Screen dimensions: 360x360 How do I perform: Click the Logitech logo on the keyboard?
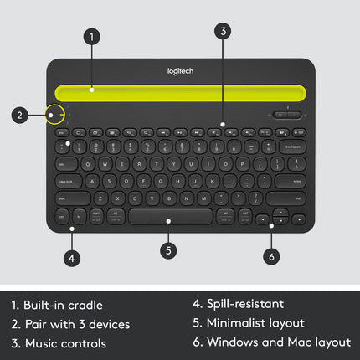pos(180,71)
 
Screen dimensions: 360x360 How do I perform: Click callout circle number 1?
pos(92,36)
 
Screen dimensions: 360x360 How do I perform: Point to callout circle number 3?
pos(222,31)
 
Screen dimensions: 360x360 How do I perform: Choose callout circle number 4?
pos(72,258)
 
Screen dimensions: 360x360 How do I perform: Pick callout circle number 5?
pos(168,249)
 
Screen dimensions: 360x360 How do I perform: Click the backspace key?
pos(293,147)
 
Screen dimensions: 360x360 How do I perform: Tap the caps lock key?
pos(67,181)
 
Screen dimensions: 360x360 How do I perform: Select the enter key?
pos(290,181)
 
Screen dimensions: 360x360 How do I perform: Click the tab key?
pos(64,164)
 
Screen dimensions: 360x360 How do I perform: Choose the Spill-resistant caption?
pos(238,304)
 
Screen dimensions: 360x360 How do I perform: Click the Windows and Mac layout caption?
pos(271,342)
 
